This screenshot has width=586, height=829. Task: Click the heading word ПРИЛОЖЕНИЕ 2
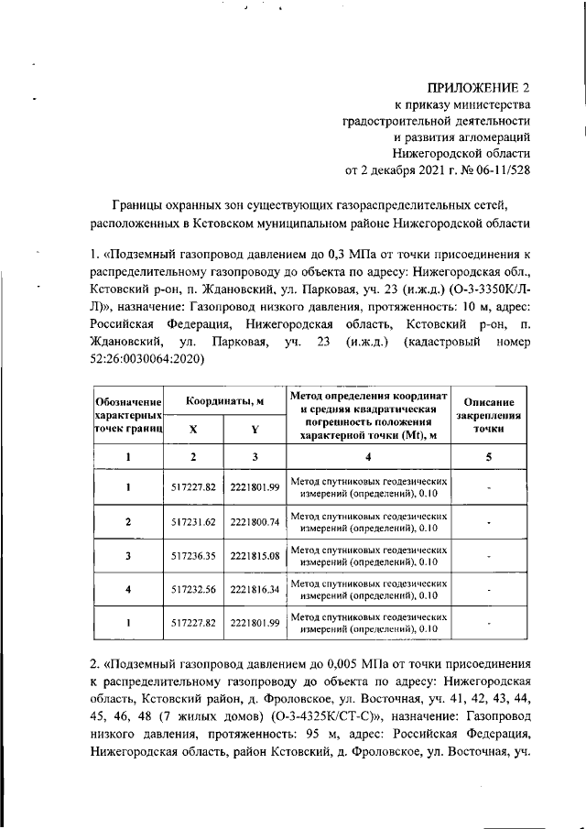(480, 89)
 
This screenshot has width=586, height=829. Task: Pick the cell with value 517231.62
(193, 521)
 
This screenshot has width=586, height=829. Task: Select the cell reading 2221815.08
(255, 555)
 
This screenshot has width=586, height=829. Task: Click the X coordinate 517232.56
(193, 589)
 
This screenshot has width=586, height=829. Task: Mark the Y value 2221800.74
(255, 521)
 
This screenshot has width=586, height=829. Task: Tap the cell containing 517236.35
(193, 555)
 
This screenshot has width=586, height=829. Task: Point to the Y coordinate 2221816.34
(255, 589)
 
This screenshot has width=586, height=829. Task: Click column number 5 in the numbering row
(490, 457)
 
